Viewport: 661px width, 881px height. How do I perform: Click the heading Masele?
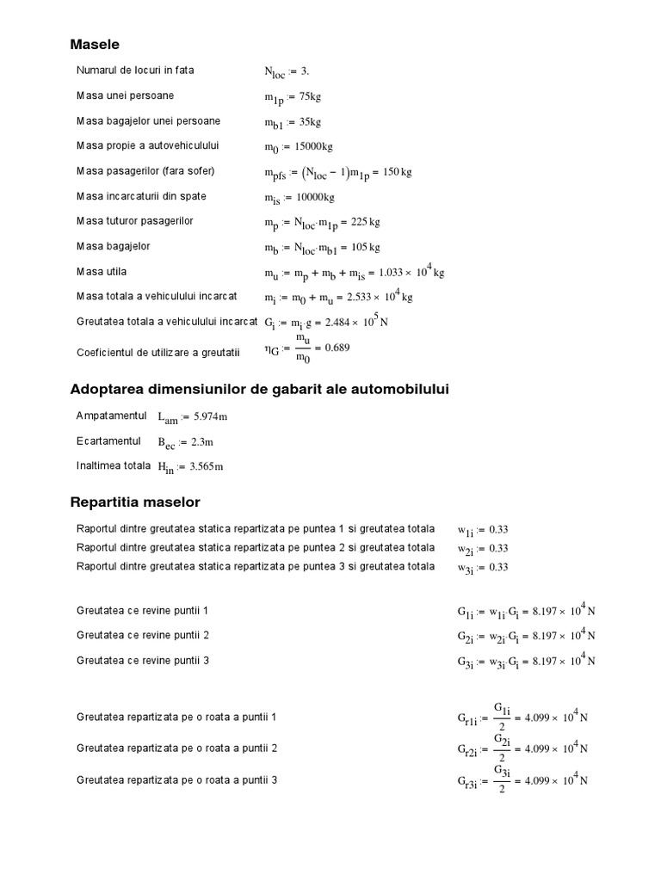(95, 44)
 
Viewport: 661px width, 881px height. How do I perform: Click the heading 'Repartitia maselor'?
(134, 502)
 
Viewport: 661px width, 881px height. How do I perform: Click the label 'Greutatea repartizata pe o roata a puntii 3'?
(176, 780)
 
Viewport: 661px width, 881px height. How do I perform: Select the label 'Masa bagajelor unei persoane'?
(148, 120)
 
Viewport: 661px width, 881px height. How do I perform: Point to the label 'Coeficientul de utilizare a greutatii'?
(162, 352)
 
